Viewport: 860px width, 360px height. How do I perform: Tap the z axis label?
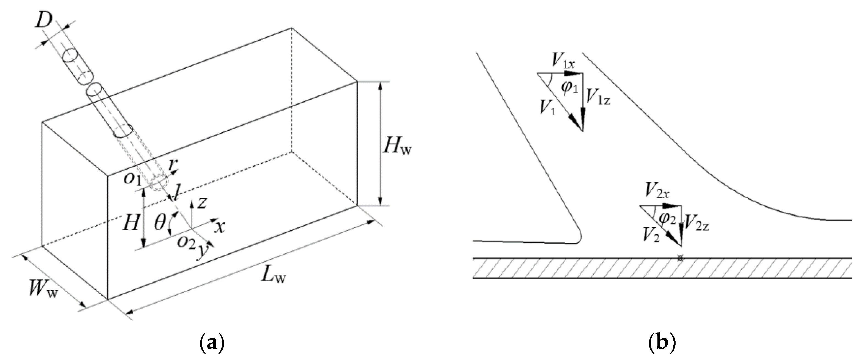click(202, 202)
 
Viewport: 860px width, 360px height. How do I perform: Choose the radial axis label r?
click(172, 165)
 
